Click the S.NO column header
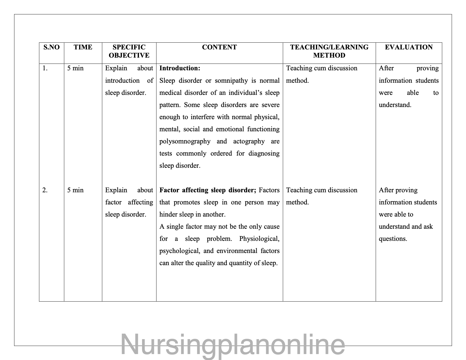51,47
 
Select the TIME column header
83,47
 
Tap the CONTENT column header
219,47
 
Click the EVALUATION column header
408,47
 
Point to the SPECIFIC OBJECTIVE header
129,51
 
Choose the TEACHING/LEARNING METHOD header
329,51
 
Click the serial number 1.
45,68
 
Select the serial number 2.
45,190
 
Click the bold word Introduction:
180,68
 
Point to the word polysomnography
185,141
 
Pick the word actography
249,141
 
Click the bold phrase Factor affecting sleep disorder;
208,190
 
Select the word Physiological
259,239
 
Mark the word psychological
179,251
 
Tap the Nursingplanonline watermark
233,345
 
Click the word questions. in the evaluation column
393,239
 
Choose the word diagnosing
264,154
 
